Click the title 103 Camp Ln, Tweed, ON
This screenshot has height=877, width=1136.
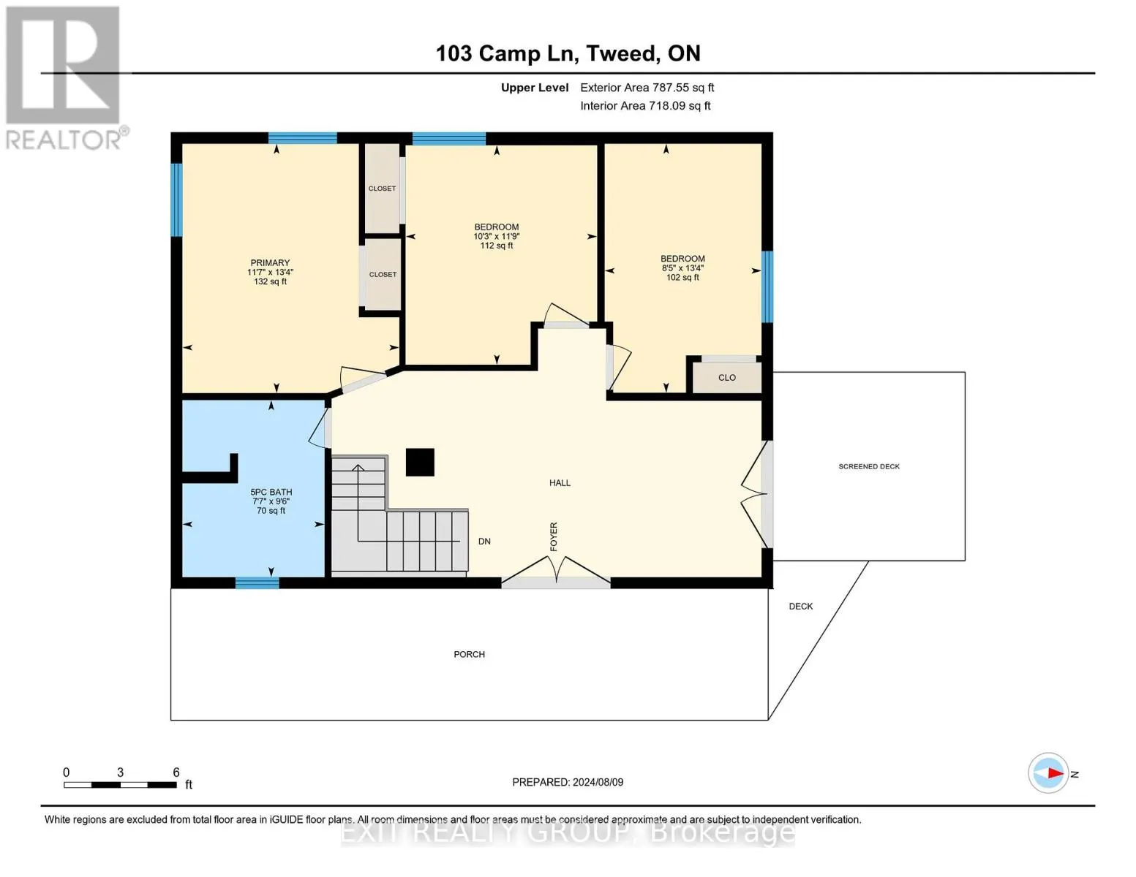(568, 53)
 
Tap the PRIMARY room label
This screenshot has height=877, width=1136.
(270, 262)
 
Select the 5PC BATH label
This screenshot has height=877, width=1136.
(271, 492)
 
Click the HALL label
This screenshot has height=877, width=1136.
(560, 482)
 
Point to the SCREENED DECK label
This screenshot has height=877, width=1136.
(868, 466)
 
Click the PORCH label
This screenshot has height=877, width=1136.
(469, 654)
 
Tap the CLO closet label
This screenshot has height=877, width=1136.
(726, 378)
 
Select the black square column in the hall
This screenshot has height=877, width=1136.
(420, 462)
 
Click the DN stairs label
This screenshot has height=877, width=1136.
(484, 542)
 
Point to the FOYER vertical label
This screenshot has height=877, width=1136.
(554, 536)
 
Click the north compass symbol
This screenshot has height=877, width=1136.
(1049, 773)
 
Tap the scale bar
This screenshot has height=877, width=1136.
(120, 785)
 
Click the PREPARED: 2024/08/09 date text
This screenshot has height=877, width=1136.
(568, 782)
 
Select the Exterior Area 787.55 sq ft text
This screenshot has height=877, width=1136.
(647, 88)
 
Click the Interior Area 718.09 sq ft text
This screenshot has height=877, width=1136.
(645, 106)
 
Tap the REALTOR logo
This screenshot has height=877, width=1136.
(64, 77)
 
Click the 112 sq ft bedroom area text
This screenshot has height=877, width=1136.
(496, 246)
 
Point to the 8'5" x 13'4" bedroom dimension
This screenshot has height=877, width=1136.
(682, 268)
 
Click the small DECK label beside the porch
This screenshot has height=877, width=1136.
(800, 606)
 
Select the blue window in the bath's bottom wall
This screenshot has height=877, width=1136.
(257, 582)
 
